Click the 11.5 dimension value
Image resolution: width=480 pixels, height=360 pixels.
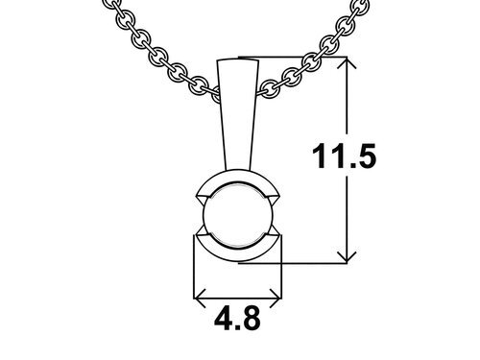[x=345, y=156]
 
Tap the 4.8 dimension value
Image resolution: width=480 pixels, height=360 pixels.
[x=237, y=319]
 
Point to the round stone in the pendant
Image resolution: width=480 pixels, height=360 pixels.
[x=238, y=215]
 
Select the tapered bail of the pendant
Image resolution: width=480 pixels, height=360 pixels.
[x=238, y=114]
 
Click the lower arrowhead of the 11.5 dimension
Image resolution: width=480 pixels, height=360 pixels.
[x=347, y=257]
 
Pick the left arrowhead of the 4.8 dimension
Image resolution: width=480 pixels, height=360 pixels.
[x=200, y=299]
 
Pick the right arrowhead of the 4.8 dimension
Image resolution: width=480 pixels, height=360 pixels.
[x=276, y=299]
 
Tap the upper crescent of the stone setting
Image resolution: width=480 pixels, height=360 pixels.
[x=238, y=178]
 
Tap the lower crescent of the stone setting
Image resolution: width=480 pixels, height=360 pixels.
[x=238, y=253]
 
